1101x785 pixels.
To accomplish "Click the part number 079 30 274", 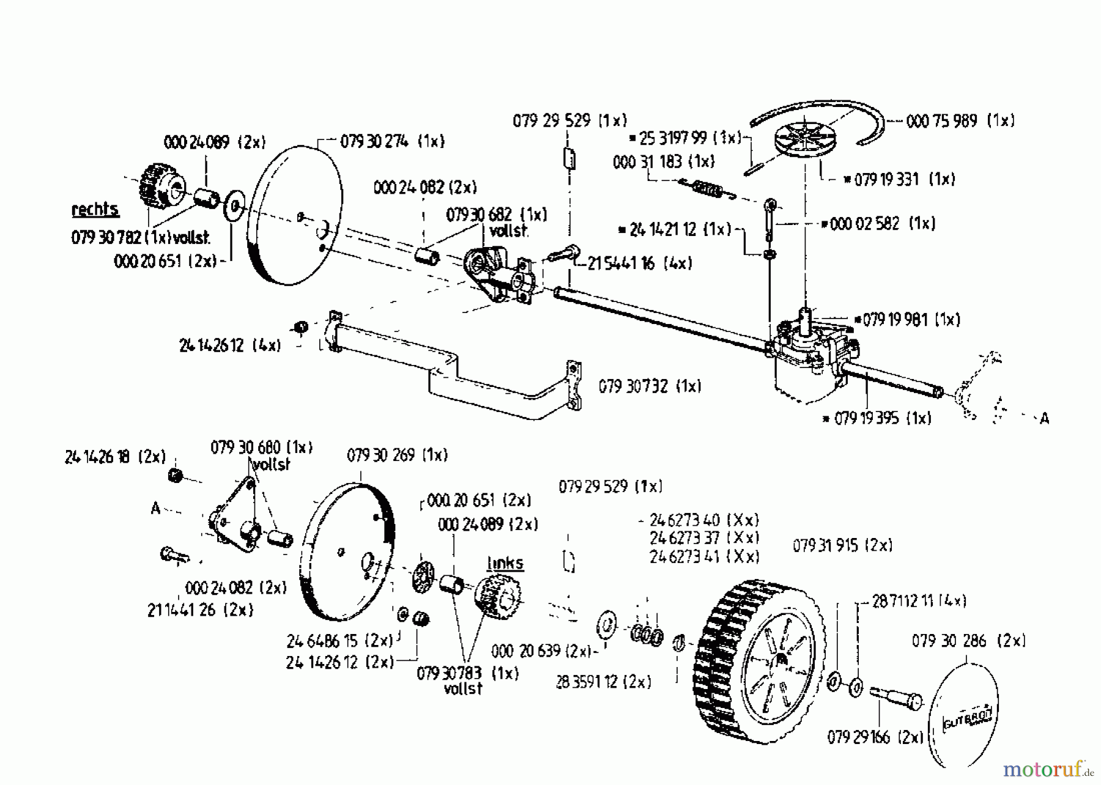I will pyautogui.click(x=375, y=142).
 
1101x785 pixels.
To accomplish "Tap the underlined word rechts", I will pyautogui.click(x=95, y=210).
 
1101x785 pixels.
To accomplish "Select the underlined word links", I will pyautogui.click(x=505, y=563).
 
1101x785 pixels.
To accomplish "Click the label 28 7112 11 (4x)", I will pyautogui.click(x=919, y=601).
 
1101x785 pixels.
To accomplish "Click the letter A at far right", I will pyautogui.click(x=1045, y=419).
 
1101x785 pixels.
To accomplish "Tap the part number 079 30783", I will pyautogui.click(x=449, y=673).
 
